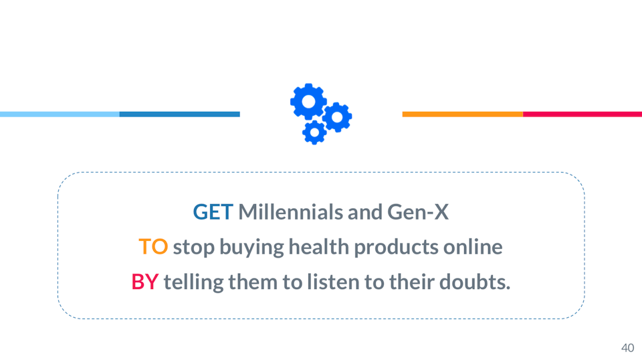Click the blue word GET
[x=213, y=212]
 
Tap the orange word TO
[x=153, y=247]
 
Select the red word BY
[x=145, y=282]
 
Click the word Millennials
[x=290, y=212]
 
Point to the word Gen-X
[x=418, y=212]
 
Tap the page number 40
[x=628, y=348]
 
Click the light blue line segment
[x=60, y=114]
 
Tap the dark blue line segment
[x=180, y=114]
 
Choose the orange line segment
[x=463, y=114]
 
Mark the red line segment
[x=582, y=114]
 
